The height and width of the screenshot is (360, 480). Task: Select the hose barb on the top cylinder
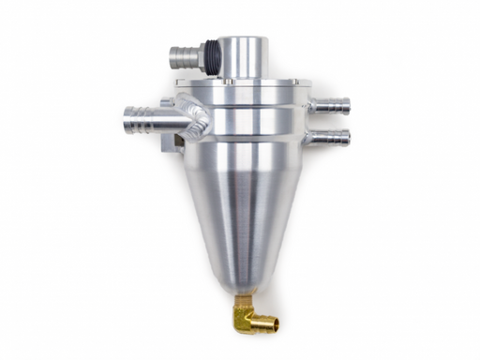(x=185, y=55)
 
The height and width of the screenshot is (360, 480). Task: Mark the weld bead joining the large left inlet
(x=200, y=119)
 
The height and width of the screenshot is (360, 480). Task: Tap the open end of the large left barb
(x=127, y=119)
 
